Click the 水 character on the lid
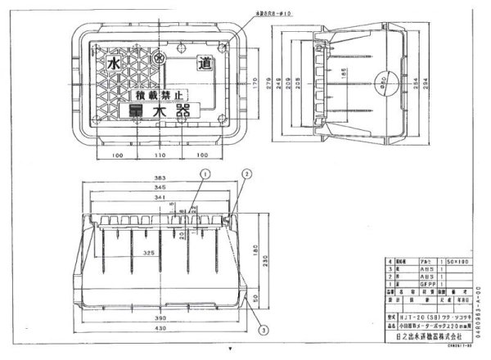point(111,64)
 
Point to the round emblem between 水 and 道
point(160,59)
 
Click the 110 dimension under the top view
point(160,154)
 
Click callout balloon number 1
point(206,173)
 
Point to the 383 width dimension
point(160,178)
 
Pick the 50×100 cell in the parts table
point(456,261)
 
